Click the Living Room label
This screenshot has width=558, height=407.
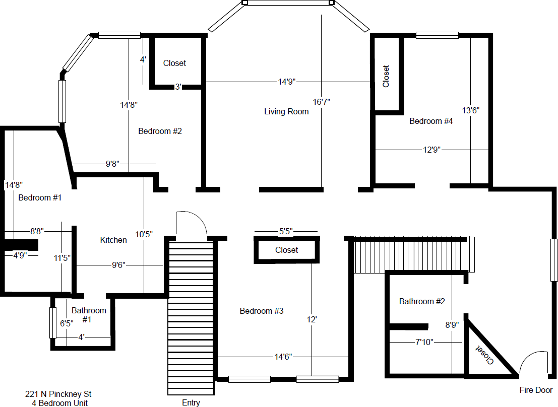pyautogui.click(x=286, y=111)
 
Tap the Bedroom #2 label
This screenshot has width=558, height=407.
pyautogui.click(x=160, y=131)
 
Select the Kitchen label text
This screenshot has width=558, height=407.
pyautogui.click(x=113, y=240)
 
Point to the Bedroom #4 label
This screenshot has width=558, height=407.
pyautogui.click(x=431, y=121)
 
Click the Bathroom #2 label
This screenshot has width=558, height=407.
pyautogui.click(x=422, y=302)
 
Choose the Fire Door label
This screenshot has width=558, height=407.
pyautogui.click(x=536, y=390)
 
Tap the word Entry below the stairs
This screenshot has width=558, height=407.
pyautogui.click(x=191, y=402)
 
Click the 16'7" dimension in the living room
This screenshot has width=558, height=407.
pyautogui.click(x=322, y=102)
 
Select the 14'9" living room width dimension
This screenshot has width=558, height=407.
pyautogui.click(x=287, y=82)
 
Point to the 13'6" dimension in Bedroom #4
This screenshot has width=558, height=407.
pyautogui.click(x=470, y=111)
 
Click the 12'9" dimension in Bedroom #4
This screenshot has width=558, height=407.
pyautogui.click(x=431, y=150)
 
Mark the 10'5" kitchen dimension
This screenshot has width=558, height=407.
pyautogui.click(x=144, y=234)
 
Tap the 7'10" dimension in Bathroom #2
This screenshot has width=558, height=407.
pyautogui.click(x=424, y=342)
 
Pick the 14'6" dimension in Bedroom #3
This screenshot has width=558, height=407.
pyautogui.click(x=283, y=357)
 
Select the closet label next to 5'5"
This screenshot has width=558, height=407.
pyautogui.click(x=286, y=250)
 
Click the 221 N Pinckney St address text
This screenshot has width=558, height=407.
pyautogui.click(x=58, y=394)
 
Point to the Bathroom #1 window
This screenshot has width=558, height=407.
pyautogui.click(x=52, y=323)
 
